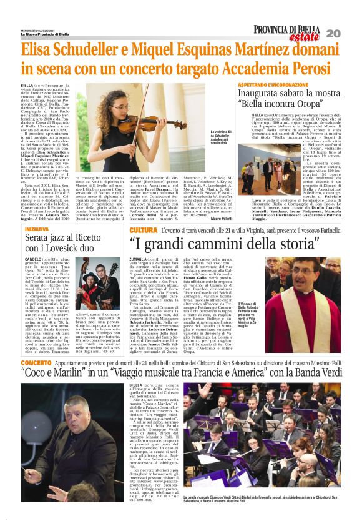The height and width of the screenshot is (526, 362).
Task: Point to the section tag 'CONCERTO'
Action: (36, 362)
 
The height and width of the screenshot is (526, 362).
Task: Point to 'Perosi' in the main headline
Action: (311, 67)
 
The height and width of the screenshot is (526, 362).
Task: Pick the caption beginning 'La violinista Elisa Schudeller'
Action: (213, 138)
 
